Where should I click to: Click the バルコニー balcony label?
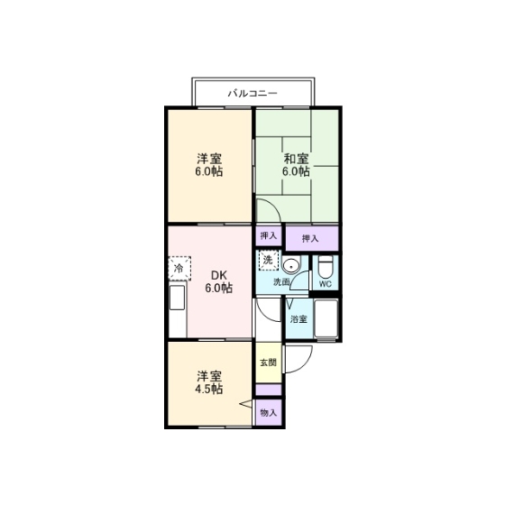click(252, 94)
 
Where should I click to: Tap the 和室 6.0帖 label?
click(297, 165)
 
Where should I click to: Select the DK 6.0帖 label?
click(218, 281)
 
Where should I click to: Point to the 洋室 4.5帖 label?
click(209, 382)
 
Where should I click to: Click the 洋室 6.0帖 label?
click(209, 165)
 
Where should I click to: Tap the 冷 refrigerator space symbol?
click(179, 269)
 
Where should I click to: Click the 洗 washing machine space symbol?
click(269, 261)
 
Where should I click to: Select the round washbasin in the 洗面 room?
click(291, 266)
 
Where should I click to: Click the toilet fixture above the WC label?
click(326, 267)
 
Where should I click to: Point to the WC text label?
click(326, 284)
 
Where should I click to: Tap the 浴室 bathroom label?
click(298, 319)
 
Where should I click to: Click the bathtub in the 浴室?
click(326, 319)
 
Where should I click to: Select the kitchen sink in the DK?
click(178, 298)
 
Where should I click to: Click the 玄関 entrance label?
click(269, 363)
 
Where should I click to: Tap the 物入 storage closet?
click(269, 412)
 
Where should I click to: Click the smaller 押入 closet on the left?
click(269, 235)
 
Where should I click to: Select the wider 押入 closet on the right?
click(312, 238)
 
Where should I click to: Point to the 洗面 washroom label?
click(281, 282)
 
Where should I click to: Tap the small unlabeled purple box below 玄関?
click(269, 390)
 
